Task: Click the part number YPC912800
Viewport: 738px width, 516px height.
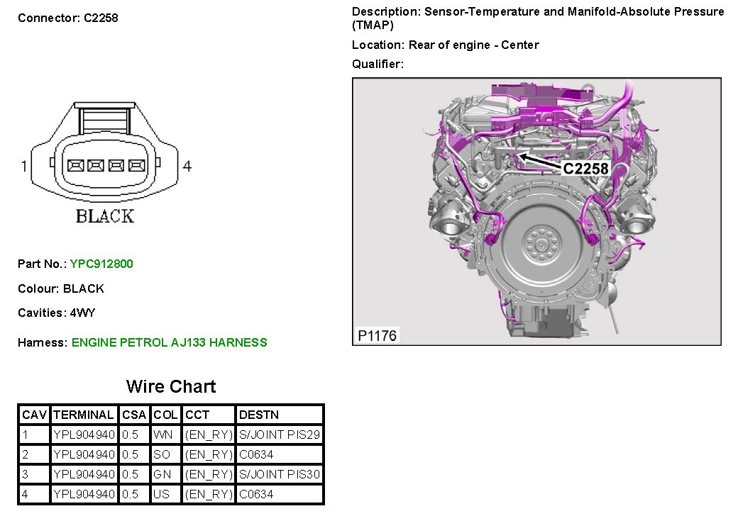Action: tap(101, 264)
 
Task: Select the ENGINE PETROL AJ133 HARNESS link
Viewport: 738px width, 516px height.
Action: tap(169, 342)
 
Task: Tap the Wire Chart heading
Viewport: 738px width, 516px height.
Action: tap(171, 386)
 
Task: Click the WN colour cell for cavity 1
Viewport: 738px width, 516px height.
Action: tap(163, 434)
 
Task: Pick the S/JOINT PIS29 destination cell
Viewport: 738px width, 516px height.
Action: tap(280, 434)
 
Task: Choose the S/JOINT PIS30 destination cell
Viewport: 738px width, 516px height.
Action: tap(280, 474)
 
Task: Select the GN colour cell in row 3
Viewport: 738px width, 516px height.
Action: tap(163, 474)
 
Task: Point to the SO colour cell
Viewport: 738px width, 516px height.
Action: tap(162, 454)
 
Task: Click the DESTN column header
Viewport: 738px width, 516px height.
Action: tap(259, 415)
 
